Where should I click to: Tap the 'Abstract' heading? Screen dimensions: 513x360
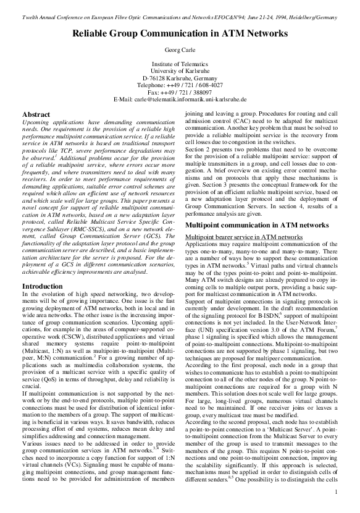(x=36, y=115)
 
